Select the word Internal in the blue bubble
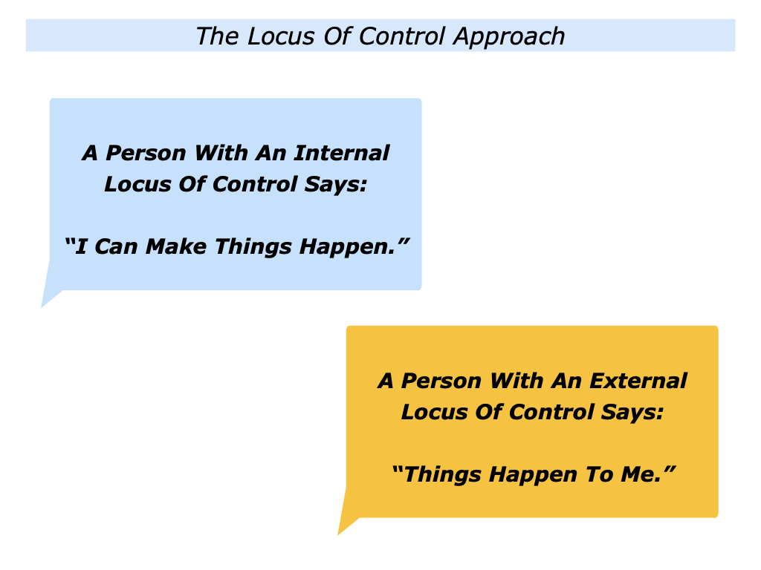[341, 153]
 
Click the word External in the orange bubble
[638, 381]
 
